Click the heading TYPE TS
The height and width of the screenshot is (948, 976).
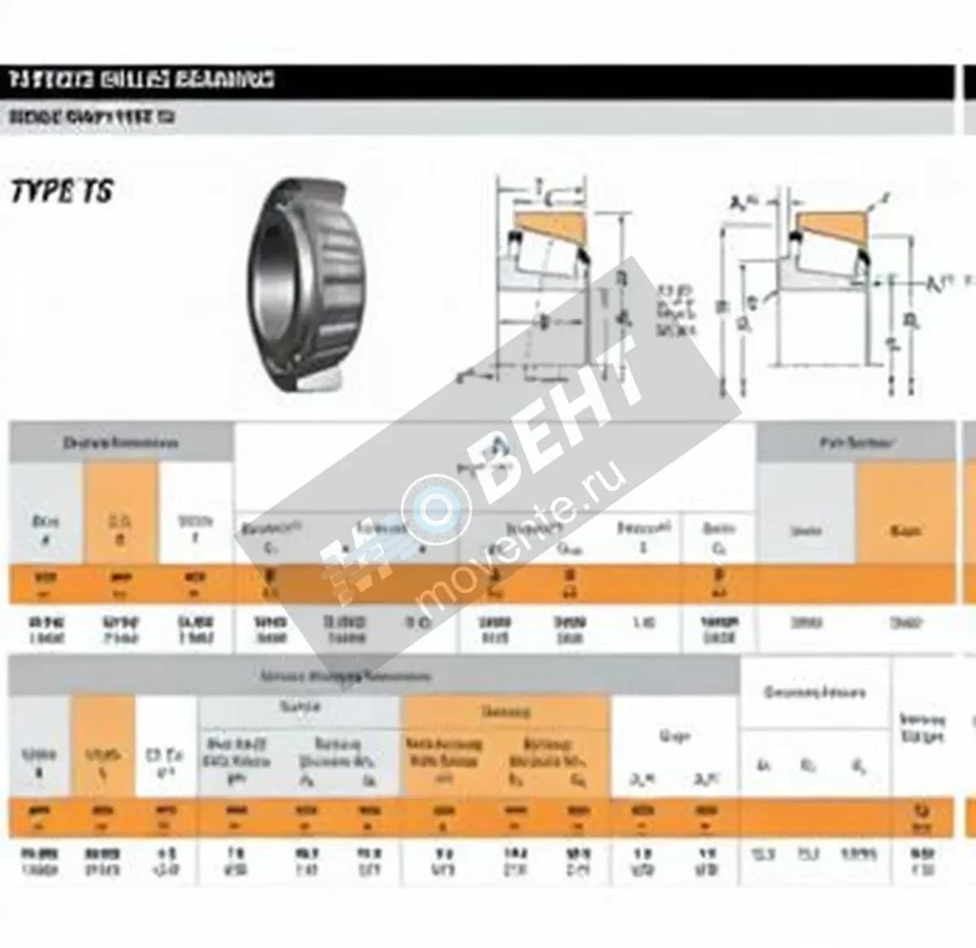coord(62,191)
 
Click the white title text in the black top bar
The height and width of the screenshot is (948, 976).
coord(142,80)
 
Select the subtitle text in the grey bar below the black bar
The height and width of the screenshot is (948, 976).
coord(92,117)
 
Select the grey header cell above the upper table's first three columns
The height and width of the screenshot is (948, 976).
coord(120,443)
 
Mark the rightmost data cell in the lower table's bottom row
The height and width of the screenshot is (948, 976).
coord(922,861)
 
